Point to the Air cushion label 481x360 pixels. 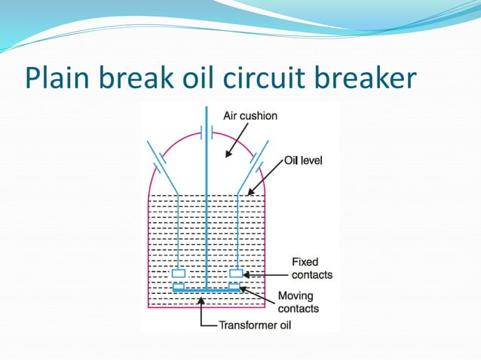(250, 116)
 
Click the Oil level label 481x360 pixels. (303, 160)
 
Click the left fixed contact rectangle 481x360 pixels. (179, 273)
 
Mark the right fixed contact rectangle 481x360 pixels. (236, 273)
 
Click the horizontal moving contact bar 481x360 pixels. (207, 290)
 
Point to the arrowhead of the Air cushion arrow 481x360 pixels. (226, 155)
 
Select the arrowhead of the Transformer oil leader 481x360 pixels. (201, 300)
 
